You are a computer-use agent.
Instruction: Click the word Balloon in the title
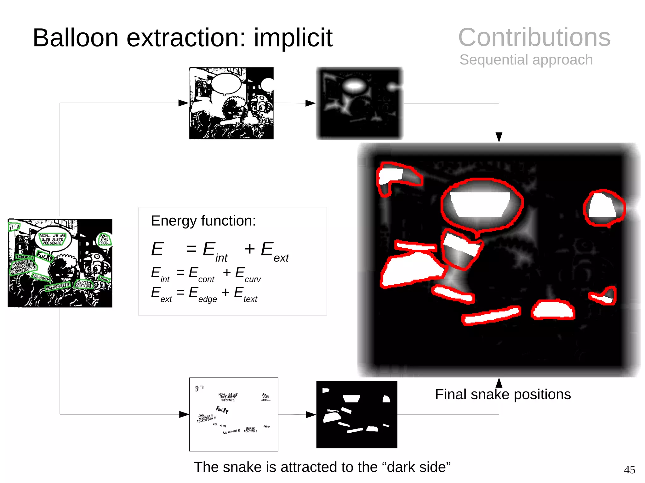[x=76, y=38]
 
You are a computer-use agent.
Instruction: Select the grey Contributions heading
[x=534, y=37]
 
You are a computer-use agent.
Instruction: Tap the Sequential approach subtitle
[x=526, y=60]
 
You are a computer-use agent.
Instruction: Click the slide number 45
[x=629, y=469]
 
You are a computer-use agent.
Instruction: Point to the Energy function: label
[x=203, y=221]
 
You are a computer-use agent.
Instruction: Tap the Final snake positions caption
[x=503, y=395]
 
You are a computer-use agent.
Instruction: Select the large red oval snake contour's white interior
[x=480, y=205]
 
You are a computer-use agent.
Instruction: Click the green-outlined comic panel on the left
[x=60, y=263]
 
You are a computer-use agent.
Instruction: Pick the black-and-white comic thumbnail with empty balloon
[x=231, y=103]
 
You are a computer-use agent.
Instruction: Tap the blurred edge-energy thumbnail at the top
[x=359, y=103]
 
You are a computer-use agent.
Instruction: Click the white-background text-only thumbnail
[x=233, y=414]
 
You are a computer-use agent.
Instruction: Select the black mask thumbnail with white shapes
[x=357, y=414]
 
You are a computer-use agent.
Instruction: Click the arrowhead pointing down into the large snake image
[x=499, y=137]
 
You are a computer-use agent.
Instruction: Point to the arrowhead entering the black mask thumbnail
[x=311, y=414]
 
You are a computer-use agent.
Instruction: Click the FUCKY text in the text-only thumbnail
[x=222, y=409]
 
